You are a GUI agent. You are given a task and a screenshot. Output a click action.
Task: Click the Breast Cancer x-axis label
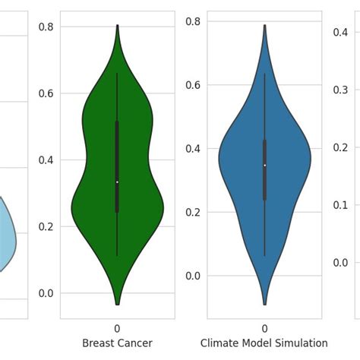117,343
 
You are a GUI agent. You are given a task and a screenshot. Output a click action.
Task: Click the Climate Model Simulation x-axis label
264,343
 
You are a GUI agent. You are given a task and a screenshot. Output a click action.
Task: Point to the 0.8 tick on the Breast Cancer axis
47,27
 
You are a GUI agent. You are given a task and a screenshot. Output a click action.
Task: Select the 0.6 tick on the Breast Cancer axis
47,93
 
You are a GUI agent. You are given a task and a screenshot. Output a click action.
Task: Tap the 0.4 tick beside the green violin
47,160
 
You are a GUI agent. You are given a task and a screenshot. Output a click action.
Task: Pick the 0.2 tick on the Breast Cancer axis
47,226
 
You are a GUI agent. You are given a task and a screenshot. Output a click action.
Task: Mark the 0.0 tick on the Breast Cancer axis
47,293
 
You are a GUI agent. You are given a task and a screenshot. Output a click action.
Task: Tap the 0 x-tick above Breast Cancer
117,328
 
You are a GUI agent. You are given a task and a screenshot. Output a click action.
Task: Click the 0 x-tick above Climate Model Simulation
264,328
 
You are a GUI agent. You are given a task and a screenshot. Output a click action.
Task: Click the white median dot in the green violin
117,182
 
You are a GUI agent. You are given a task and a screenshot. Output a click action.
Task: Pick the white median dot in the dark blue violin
264,165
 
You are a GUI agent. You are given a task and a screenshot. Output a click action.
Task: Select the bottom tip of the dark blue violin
264,304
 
